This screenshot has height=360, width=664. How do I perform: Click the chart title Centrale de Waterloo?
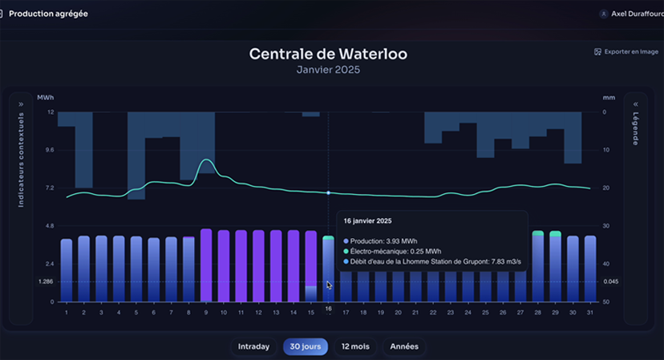pos(328,54)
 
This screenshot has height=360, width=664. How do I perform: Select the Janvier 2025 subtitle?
pos(328,70)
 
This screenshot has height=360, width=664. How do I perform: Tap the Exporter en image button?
pos(626,51)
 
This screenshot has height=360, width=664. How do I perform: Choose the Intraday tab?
pos(253,346)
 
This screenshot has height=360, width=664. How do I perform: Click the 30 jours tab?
pos(305,346)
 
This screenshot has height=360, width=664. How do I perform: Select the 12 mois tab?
pos(355,346)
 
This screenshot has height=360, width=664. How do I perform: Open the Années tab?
pos(404,346)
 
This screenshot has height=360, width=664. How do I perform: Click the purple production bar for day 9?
pos(206,265)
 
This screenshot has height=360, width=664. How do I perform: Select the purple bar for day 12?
pos(258,265)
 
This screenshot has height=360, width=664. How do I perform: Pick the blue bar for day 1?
pos(67,269)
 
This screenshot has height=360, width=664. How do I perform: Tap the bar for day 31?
pos(590,269)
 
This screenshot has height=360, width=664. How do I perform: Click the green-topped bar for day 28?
pos(538,265)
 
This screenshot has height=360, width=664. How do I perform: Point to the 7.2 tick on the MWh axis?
pos(50,188)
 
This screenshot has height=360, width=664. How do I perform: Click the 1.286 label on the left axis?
pos(46,281)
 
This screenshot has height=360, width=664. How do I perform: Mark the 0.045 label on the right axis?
pos(611,281)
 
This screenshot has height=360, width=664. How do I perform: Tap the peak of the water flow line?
pos(206,160)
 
